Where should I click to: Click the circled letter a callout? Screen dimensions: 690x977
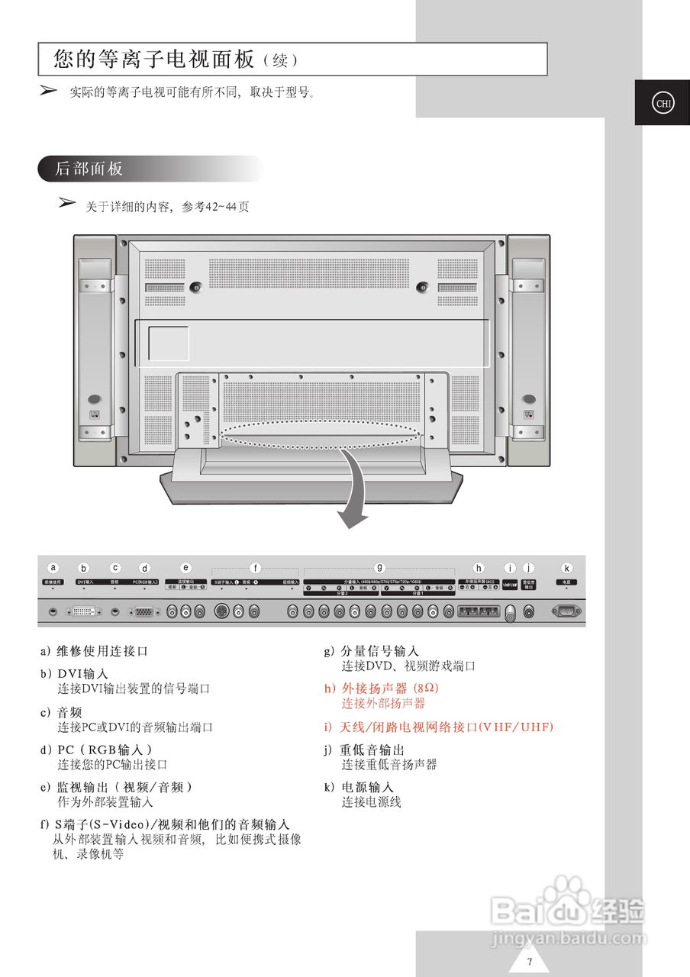point(53,567)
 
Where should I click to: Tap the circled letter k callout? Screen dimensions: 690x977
point(566,568)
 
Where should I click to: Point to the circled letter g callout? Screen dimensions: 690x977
point(379,567)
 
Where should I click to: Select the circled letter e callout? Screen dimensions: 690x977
point(185,567)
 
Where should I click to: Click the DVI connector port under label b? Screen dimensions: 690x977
point(84,611)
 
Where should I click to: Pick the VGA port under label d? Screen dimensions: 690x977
point(144,611)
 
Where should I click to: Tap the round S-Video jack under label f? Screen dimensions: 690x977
point(222,611)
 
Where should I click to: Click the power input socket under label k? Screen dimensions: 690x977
point(566,611)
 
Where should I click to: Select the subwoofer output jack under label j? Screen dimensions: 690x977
point(529,611)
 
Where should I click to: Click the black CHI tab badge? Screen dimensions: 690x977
point(662,103)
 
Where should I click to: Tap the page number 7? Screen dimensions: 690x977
point(529,961)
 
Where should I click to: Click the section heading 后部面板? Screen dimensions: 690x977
point(89,169)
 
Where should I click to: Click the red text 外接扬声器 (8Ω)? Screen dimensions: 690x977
point(381,688)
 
